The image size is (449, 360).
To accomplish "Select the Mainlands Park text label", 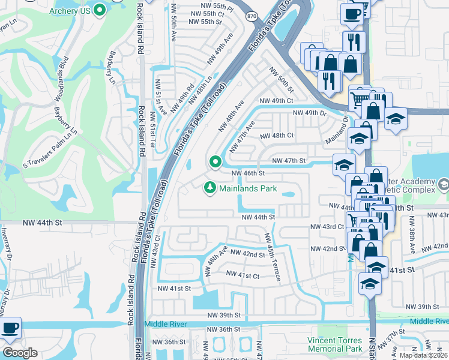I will (x=248, y=188).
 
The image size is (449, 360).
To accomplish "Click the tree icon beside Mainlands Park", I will (x=210, y=188).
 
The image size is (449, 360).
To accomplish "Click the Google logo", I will (x=20, y=353).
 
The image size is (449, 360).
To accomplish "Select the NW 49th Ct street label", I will (x=276, y=101).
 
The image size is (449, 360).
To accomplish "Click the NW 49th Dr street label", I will (x=309, y=113).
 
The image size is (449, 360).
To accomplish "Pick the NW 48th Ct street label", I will (x=277, y=136).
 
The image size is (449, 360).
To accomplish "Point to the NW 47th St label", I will (x=289, y=161).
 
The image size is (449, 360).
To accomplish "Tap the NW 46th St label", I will (x=249, y=173).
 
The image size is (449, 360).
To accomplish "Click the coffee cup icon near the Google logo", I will (x=10, y=328).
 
